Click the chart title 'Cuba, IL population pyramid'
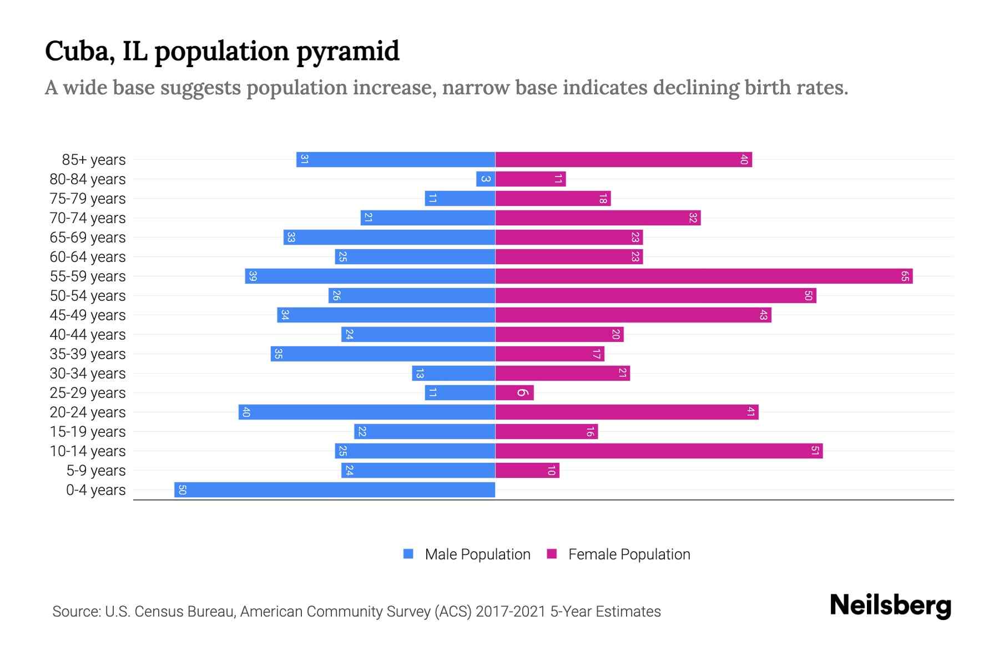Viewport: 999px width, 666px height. coord(222,51)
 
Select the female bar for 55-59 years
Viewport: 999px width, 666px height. coord(704,276)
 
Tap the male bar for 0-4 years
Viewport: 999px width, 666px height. coord(335,490)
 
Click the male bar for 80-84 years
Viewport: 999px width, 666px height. coord(486,179)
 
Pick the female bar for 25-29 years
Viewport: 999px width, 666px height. coord(514,393)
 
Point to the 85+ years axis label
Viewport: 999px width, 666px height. coord(94,160)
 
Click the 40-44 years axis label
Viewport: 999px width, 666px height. coord(88,335)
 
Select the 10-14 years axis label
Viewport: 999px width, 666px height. coord(88,451)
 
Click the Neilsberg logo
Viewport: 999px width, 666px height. coord(890,605)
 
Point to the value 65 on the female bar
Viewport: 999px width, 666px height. coord(905,276)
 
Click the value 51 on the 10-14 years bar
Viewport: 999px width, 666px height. coord(815,451)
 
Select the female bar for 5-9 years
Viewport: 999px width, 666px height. coord(527,471)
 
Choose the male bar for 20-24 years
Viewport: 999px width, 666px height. coord(367,412)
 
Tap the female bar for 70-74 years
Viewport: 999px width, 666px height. coord(598,218)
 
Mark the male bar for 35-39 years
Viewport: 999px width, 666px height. coord(383,354)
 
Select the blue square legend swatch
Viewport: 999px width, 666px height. coord(408,554)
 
